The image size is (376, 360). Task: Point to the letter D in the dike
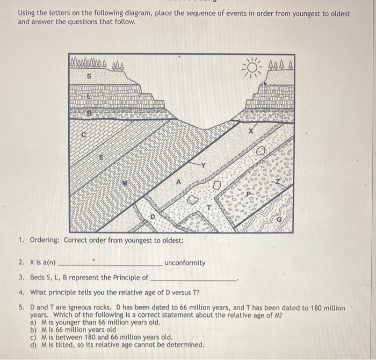click(151, 217)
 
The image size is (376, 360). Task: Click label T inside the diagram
click(210, 205)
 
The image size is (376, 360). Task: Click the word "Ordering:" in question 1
click(45, 240)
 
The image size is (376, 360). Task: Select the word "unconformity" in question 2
click(185, 263)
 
